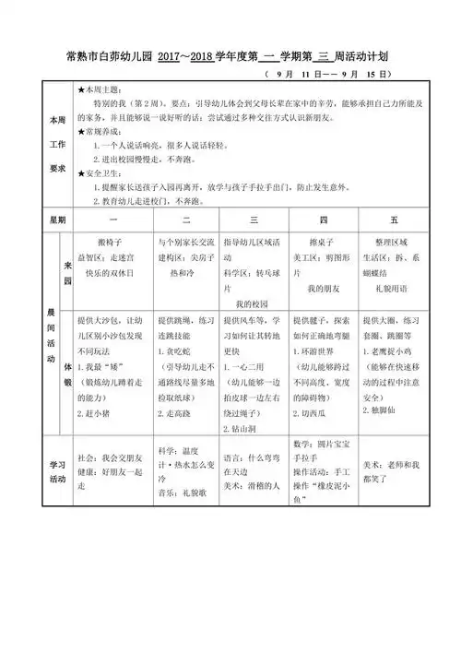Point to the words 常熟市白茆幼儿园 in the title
tap(106, 54)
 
